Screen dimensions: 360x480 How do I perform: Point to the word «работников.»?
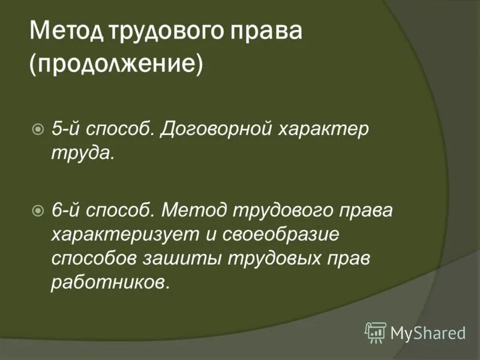coord(111,283)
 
